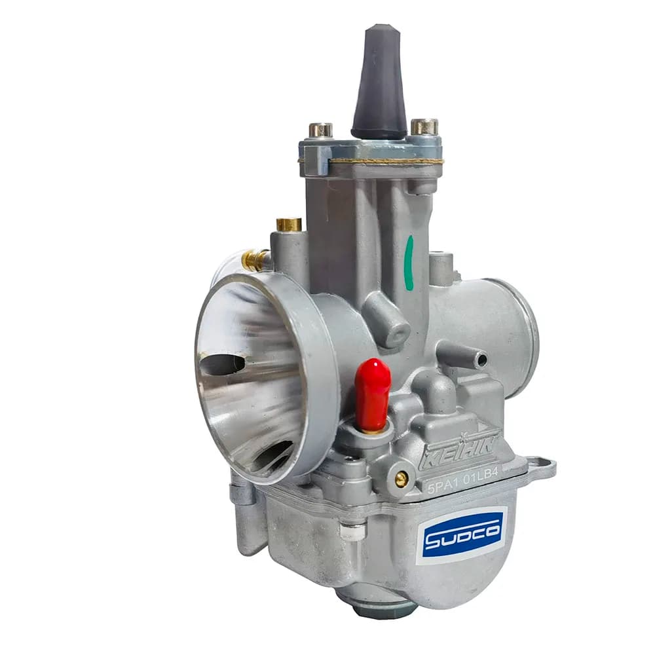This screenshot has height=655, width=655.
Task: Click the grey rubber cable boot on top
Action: (x=379, y=84)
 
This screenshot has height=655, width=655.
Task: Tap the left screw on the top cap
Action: (x=320, y=130)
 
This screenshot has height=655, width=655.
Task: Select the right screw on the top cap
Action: (x=424, y=127)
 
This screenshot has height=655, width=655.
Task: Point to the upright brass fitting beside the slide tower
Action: (x=290, y=224)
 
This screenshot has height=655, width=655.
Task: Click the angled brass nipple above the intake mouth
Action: (x=256, y=257)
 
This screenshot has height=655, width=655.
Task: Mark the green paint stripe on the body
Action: (x=409, y=263)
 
